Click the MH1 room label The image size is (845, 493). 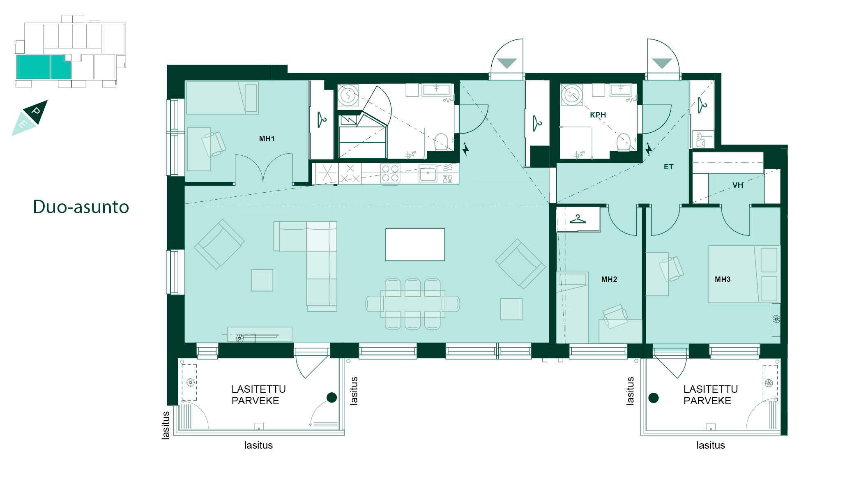coord(267,139)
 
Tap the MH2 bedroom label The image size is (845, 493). coord(609,279)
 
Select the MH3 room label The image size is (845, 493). coord(723,279)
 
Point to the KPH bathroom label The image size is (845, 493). coord(598,115)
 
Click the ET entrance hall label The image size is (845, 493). coord(668,167)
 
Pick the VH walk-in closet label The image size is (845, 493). coord(737,185)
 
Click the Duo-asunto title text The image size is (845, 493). coord(81,207)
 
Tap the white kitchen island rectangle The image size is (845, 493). coord(415,244)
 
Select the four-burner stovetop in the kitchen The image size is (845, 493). coord(390,173)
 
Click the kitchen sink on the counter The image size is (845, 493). coord(428,173)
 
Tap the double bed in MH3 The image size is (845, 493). coord(744,274)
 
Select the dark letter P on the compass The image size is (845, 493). coord(37,111)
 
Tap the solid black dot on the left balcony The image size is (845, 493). coord(332,397)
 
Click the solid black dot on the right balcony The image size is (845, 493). coord(654,398)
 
